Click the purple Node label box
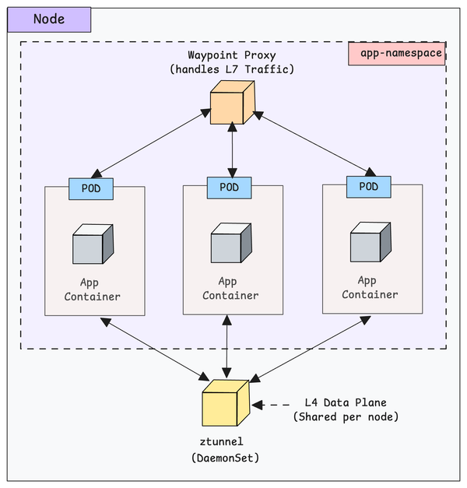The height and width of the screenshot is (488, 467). [x=48, y=19]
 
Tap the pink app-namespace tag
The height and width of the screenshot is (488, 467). [x=397, y=54]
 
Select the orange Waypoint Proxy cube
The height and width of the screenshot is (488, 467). [x=232, y=104]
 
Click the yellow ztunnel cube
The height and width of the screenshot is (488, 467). [x=225, y=402]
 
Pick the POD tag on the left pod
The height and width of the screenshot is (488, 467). [x=91, y=188]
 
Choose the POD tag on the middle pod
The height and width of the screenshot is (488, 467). [x=229, y=187]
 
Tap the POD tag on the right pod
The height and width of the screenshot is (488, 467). [x=368, y=187]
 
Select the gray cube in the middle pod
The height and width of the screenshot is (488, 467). [x=231, y=244]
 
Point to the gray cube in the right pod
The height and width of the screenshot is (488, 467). [x=370, y=243]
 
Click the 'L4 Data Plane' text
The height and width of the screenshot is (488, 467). [x=345, y=402]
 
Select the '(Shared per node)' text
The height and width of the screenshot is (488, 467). [x=345, y=417]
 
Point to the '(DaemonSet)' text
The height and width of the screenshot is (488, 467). [x=225, y=458]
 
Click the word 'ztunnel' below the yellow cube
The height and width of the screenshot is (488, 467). [x=225, y=442]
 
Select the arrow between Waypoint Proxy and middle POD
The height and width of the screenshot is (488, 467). [x=231, y=149]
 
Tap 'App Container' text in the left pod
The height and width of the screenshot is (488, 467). [x=93, y=289]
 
